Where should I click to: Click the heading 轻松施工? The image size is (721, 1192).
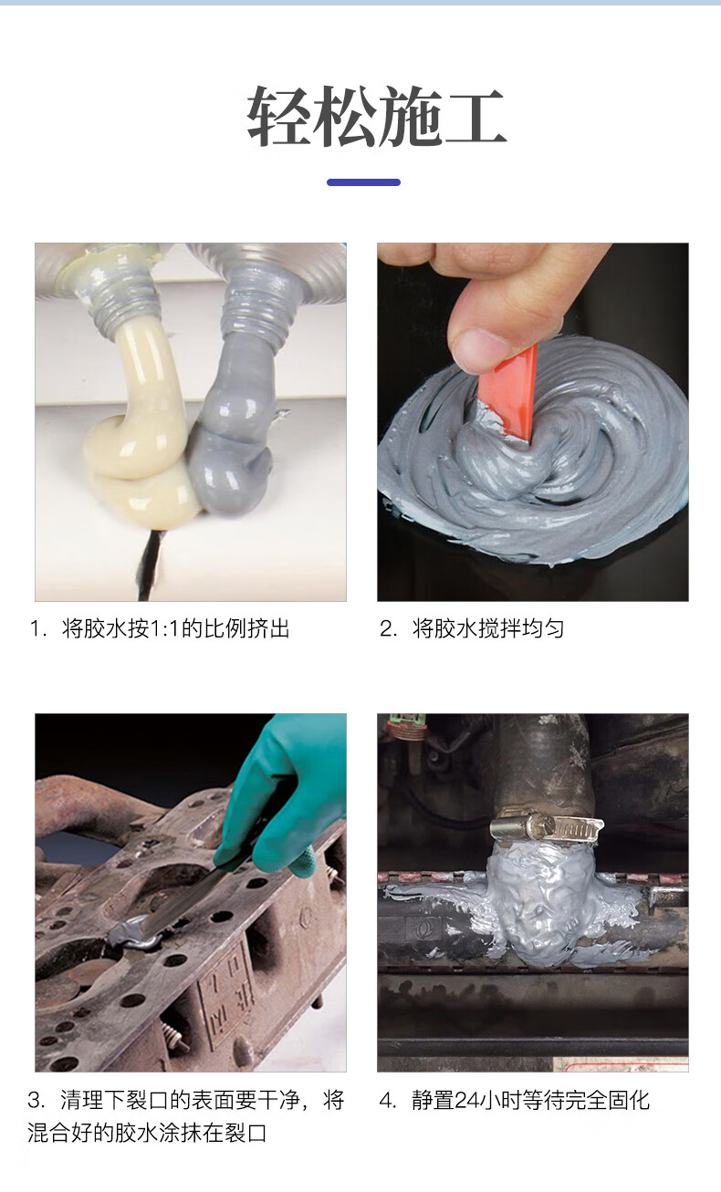pos(376,116)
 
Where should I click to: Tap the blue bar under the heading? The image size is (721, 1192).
pos(363,182)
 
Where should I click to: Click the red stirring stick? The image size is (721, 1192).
pos(508,394)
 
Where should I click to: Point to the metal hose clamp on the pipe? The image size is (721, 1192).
pos(546,827)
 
